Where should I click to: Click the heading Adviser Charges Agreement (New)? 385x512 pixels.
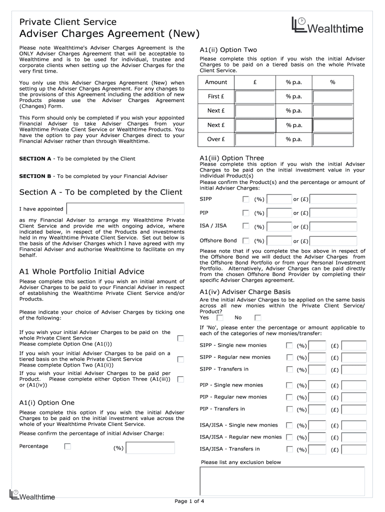click(109, 34)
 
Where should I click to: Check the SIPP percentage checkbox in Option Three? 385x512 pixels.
click(245, 199)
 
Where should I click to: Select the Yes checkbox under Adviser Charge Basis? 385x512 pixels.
click(219, 317)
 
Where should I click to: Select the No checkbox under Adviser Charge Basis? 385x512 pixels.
click(257, 317)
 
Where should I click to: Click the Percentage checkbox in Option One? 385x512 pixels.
click(67, 446)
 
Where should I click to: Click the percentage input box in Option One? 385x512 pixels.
click(150, 447)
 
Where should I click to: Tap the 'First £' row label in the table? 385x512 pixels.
click(216, 96)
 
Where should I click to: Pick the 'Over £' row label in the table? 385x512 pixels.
click(216, 139)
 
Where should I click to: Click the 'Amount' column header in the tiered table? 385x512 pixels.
click(216, 82)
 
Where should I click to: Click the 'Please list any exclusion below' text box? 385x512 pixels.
click(282, 480)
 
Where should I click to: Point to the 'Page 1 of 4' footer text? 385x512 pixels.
click(189, 501)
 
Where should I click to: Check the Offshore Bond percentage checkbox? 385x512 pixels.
click(245, 240)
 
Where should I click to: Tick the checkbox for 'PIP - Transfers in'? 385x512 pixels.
click(289, 409)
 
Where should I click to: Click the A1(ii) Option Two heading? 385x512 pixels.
click(228, 50)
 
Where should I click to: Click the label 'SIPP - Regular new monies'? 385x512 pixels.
click(235, 357)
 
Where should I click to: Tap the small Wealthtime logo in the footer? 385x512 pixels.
click(32, 495)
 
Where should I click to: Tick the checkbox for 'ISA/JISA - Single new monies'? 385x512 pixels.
click(289, 425)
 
